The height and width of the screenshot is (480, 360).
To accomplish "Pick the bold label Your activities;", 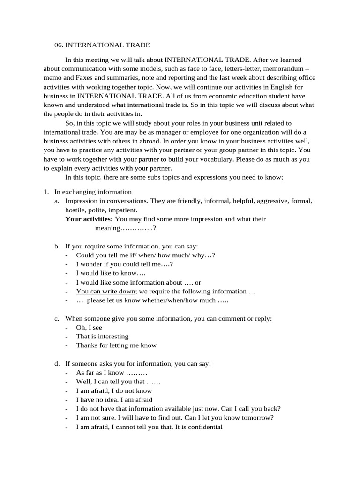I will pyautogui.click(x=89, y=219).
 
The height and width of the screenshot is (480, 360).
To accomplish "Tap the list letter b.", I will pyautogui.click(x=57, y=246).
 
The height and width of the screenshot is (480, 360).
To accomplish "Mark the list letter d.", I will pyautogui.click(x=57, y=363).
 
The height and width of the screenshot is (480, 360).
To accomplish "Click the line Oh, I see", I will pyautogui.click(x=89, y=328).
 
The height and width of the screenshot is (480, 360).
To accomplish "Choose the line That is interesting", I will pyautogui.click(x=102, y=337).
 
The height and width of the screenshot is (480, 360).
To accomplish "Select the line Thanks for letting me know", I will pyautogui.click(x=116, y=345).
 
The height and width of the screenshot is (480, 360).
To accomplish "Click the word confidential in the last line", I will pyautogui.click(x=203, y=427).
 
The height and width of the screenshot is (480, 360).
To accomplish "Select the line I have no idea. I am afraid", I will pyautogui.click(x=114, y=400).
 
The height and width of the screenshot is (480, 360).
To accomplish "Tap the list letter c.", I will pyautogui.click(x=57, y=318).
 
